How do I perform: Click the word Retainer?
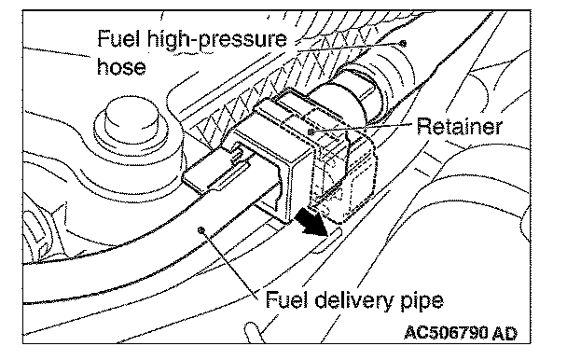[x=459, y=126]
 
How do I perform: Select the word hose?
[x=121, y=66]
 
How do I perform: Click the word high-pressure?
[x=217, y=40]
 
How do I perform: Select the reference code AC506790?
[x=446, y=333]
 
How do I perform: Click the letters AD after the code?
[x=505, y=333]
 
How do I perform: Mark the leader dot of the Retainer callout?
[x=311, y=132]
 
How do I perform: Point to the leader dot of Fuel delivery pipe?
[x=201, y=229]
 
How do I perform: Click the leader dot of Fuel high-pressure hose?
[x=403, y=44]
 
